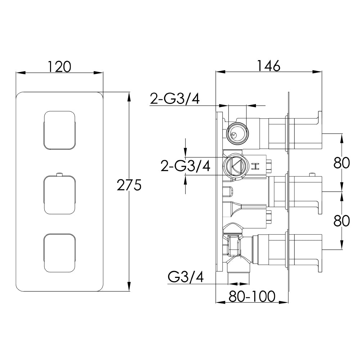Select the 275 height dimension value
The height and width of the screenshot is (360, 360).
click(129, 186)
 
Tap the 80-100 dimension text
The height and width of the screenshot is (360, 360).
click(252, 296)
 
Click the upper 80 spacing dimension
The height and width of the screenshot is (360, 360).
click(341, 163)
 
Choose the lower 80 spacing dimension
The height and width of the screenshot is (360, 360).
click(341, 221)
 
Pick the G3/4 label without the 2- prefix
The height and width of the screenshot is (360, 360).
click(186, 277)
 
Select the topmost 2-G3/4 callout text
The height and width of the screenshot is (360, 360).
click(175, 99)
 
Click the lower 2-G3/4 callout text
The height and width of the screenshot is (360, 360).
click(185, 166)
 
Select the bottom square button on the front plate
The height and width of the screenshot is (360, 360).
click(60, 253)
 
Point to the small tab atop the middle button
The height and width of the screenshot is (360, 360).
click(60, 175)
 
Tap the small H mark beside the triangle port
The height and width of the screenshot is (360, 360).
click(256, 166)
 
